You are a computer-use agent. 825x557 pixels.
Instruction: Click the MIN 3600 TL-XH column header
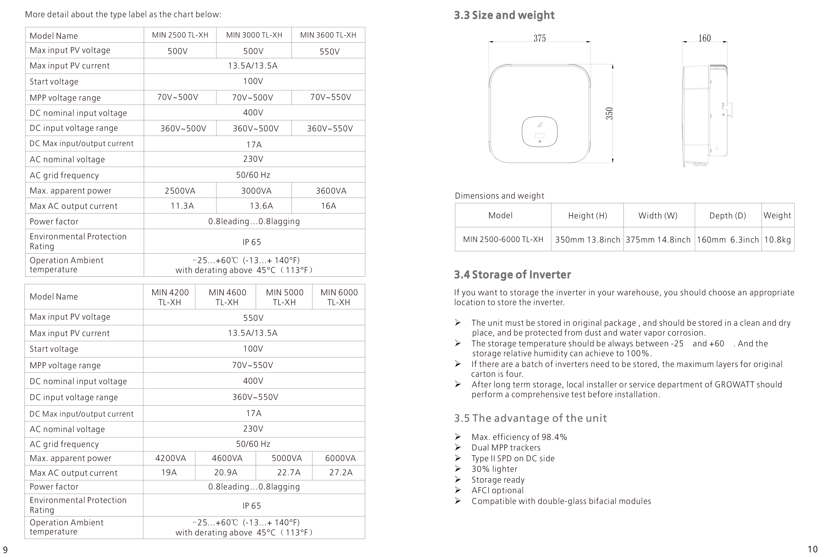(328, 35)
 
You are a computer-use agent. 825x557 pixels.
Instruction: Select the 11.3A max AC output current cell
(182, 206)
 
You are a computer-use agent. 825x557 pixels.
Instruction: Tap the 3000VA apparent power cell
(256, 191)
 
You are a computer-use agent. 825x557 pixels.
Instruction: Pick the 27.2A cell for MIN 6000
(341, 473)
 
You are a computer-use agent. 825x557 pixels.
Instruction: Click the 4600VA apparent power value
(227, 458)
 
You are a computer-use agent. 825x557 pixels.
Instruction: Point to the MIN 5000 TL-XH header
(284, 297)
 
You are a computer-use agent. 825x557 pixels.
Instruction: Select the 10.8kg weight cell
(777, 240)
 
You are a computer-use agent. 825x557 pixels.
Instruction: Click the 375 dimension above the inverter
(539, 38)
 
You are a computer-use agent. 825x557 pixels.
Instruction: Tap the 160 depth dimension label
(704, 38)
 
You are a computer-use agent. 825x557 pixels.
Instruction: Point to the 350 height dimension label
(609, 113)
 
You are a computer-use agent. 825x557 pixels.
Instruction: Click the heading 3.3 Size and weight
(504, 15)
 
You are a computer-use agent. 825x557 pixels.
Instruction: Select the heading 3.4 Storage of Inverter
(512, 275)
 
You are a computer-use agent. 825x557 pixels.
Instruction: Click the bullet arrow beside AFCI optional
(458, 490)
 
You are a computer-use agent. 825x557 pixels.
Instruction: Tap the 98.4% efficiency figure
(554, 437)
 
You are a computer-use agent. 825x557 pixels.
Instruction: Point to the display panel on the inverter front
(540, 132)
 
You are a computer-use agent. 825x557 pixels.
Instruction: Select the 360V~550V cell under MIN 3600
(330, 128)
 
